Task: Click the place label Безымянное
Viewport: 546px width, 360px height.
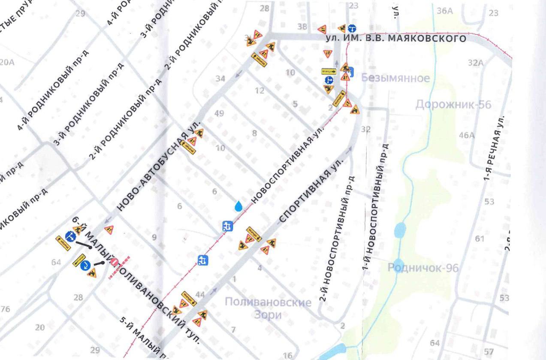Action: tap(395, 78)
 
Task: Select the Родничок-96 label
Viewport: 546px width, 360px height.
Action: tap(423, 268)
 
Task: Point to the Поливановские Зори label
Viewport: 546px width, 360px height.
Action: tap(268, 309)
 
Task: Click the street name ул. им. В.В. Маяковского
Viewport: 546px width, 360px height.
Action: tap(395, 39)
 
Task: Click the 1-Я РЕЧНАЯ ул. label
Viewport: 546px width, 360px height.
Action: tap(493, 148)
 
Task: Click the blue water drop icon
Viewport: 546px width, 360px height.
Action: tap(239, 206)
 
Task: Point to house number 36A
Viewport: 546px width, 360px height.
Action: tap(445, 11)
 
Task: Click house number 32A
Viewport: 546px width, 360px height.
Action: tap(476, 63)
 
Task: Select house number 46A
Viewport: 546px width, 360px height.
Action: tap(467, 136)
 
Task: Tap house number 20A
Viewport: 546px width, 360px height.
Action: tap(6, 63)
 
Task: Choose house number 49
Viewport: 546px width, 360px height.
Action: tap(219, 114)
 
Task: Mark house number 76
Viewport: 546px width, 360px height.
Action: tap(5, 309)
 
